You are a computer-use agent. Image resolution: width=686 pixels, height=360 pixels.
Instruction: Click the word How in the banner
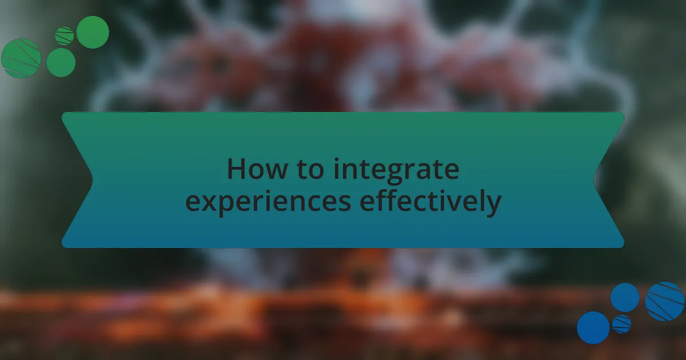(x=251, y=170)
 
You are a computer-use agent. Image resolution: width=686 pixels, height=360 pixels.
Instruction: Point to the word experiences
(x=268, y=202)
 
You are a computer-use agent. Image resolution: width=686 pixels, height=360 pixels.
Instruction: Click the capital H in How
(x=236, y=170)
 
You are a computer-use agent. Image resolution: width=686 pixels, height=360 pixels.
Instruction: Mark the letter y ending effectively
(x=493, y=205)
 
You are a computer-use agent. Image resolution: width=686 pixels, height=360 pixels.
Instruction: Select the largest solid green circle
(x=93, y=32)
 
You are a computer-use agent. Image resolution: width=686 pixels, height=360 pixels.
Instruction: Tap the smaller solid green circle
(x=61, y=62)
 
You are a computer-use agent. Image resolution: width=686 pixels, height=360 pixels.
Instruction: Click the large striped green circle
(x=21, y=58)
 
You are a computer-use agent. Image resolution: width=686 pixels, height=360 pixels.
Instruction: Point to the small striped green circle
(x=65, y=36)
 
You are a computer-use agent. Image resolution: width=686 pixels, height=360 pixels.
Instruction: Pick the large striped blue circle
(x=665, y=301)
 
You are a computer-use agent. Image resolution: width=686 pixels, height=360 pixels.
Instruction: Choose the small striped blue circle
(x=621, y=324)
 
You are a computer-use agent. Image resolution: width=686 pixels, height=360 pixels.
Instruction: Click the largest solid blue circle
(x=593, y=328)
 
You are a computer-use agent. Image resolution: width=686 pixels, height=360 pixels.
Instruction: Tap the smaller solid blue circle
(x=624, y=297)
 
